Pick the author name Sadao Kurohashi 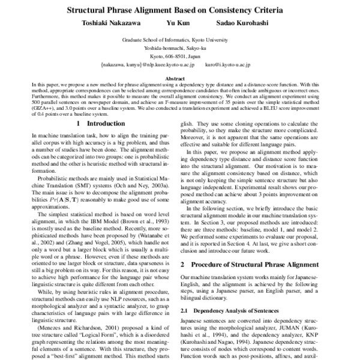[238, 26]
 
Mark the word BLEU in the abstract [268, 106]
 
